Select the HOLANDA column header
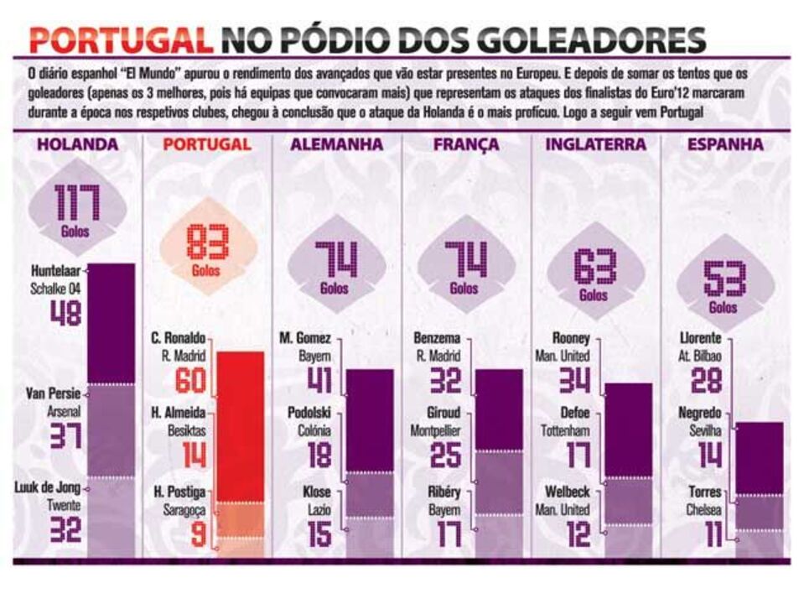pyautogui.click(x=77, y=144)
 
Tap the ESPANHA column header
pyautogui.click(x=725, y=144)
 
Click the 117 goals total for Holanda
pyautogui.click(x=77, y=203)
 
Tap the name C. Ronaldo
pyautogui.click(x=179, y=339)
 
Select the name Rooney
pyautogui.click(x=572, y=339)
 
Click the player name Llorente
pyautogui.click(x=703, y=339)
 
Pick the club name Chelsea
pyautogui.click(x=705, y=508)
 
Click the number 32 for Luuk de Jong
pyautogui.click(x=65, y=530)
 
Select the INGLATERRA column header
pyautogui.click(x=596, y=144)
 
